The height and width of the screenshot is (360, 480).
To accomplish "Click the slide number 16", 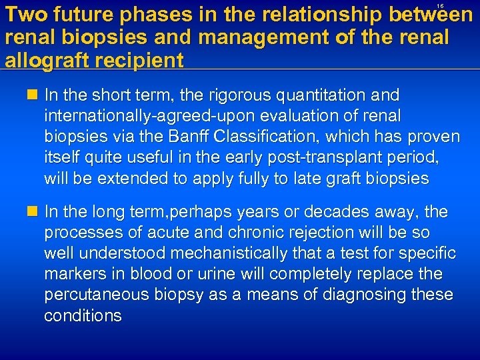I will click(x=439, y=6).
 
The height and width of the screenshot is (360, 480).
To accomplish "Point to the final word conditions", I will click(x=83, y=315).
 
